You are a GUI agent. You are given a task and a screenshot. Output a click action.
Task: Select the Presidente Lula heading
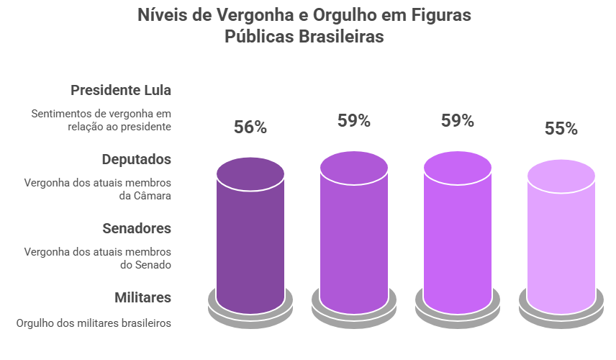click(121, 90)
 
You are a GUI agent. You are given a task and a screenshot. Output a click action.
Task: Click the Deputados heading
click(136, 159)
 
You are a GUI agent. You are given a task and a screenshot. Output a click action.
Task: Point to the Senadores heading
click(137, 228)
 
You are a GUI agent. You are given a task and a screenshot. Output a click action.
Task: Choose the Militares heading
click(142, 297)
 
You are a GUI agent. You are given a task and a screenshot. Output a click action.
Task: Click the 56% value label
click(250, 127)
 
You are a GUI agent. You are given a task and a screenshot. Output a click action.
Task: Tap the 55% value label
click(561, 129)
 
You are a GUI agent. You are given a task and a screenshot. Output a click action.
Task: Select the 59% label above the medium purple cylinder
click(354, 120)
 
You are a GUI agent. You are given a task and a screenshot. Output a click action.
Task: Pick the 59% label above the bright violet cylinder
click(458, 120)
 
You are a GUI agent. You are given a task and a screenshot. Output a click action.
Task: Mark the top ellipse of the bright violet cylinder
click(458, 168)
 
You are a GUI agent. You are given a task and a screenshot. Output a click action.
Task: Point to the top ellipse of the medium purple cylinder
click(354, 168)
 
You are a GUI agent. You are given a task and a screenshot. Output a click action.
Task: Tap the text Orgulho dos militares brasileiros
click(94, 323)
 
